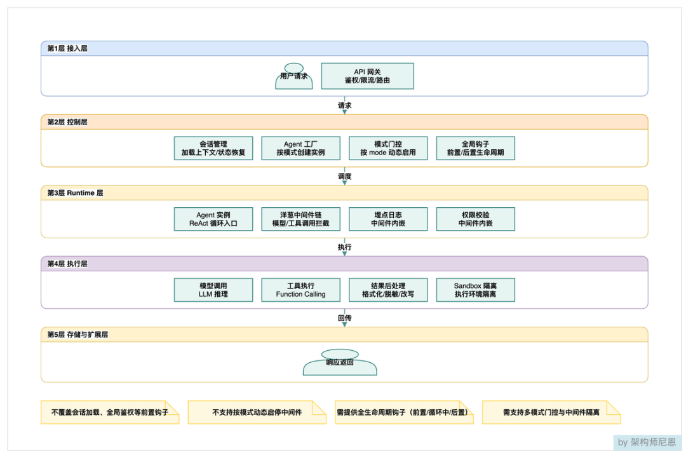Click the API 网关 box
click(368, 76)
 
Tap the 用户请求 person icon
click(294, 76)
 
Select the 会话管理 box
click(213, 148)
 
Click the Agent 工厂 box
click(301, 148)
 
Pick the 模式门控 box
click(388, 148)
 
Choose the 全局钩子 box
click(476, 148)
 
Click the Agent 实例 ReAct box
click(213, 219)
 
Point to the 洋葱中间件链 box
click(301, 219)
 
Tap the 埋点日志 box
click(388, 219)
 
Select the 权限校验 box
click(476, 219)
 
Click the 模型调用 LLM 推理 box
click(213, 290)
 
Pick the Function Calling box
click(301, 290)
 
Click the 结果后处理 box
click(388, 290)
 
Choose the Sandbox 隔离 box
click(476, 290)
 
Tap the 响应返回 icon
click(340, 362)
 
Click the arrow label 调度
click(345, 176)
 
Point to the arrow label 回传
click(345, 318)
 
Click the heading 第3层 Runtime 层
click(75, 193)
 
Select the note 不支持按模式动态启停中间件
click(257, 412)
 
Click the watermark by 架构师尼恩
click(647, 442)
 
